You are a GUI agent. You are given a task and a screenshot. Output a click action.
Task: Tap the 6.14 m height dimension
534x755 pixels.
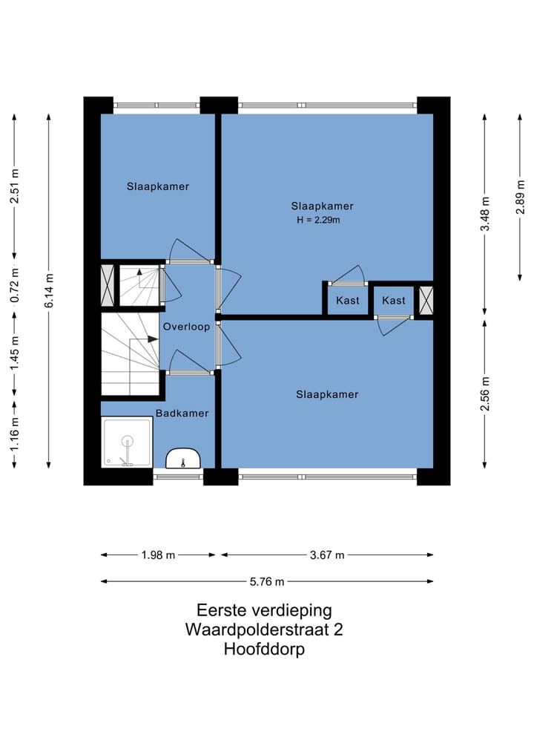pyautogui.click(x=48, y=292)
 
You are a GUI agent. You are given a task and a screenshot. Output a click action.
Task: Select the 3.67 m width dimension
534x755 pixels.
pyautogui.click(x=327, y=555)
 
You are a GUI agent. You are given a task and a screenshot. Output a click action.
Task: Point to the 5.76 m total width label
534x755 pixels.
pyautogui.click(x=268, y=582)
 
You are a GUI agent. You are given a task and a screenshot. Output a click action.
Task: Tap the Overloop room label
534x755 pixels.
pyautogui.click(x=186, y=326)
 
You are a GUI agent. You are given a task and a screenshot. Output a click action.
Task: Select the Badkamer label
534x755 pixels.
pyautogui.click(x=182, y=413)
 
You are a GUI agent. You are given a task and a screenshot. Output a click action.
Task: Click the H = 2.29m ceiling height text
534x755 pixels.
pyautogui.click(x=318, y=220)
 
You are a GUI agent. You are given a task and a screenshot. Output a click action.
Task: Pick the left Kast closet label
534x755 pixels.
pyautogui.click(x=347, y=301)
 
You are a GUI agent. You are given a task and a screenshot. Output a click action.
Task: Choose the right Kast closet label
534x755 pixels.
pyautogui.click(x=394, y=301)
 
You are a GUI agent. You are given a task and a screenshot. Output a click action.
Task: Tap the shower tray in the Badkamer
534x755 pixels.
pyautogui.click(x=127, y=442)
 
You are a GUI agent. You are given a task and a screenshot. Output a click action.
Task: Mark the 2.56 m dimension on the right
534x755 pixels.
pyautogui.click(x=485, y=393)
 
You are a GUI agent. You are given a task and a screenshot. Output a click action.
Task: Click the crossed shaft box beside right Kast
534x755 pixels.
pyautogui.click(x=425, y=300)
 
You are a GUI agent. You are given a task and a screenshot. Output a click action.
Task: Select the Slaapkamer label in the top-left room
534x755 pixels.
pyautogui.click(x=157, y=186)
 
